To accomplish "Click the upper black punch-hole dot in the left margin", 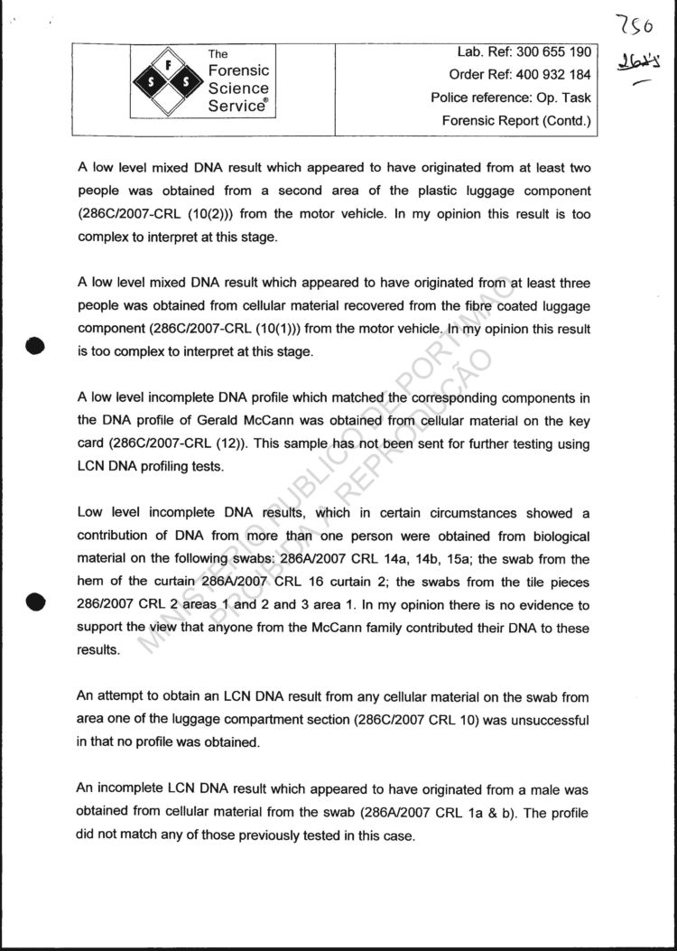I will click(x=35, y=346).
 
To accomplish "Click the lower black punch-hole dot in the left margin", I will click(x=35, y=601).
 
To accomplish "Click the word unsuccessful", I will click(x=544, y=721).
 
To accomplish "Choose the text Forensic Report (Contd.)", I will click(x=516, y=120).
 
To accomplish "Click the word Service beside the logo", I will click(x=238, y=105).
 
